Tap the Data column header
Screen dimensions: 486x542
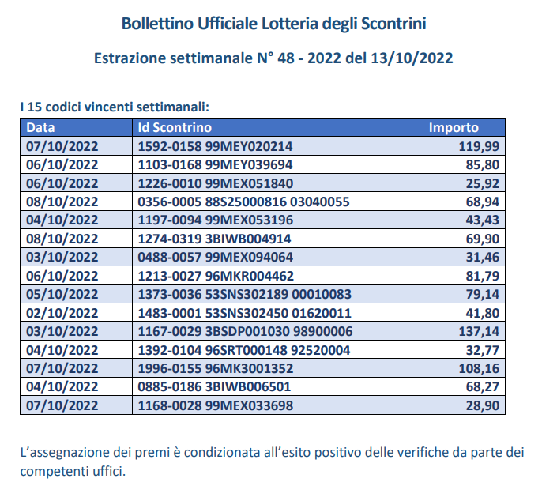tap(40, 128)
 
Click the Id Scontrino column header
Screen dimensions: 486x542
tap(175, 128)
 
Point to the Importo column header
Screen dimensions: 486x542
tap(453, 128)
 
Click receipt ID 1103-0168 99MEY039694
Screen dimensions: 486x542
tap(215, 164)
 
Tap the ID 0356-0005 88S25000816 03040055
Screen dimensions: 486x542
tap(243, 202)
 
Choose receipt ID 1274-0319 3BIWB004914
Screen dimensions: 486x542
tap(215, 238)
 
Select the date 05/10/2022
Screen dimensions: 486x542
tap(62, 294)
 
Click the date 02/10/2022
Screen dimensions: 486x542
tap(62, 312)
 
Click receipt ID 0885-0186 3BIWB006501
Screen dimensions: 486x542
tap(215, 386)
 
